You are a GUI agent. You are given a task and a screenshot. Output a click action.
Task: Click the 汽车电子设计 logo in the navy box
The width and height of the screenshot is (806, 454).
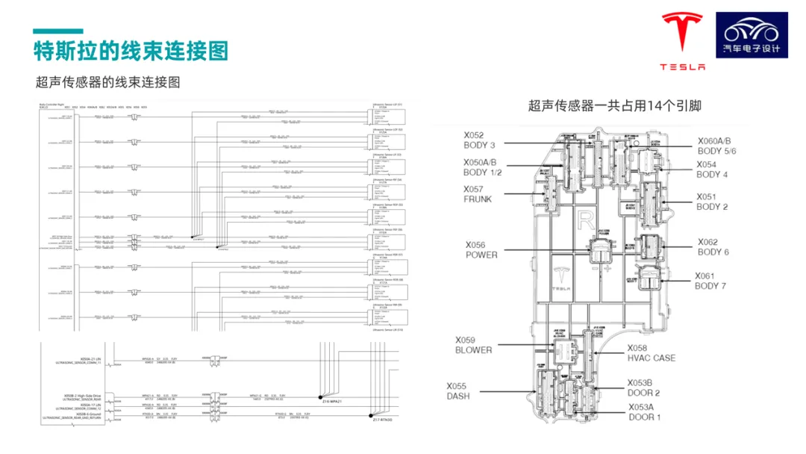[752, 34]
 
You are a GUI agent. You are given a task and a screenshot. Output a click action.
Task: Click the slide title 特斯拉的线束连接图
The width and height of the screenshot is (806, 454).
[131, 51]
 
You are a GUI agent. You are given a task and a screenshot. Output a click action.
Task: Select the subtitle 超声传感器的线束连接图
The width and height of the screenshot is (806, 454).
[108, 82]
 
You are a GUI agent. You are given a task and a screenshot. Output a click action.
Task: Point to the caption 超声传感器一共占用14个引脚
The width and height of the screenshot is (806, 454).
[614, 106]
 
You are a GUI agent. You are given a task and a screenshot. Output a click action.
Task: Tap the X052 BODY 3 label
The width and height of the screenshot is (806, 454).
[479, 140]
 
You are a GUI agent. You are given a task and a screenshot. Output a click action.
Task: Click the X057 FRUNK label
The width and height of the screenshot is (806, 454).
[478, 194]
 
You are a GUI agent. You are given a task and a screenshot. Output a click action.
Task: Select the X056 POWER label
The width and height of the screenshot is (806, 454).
[481, 249]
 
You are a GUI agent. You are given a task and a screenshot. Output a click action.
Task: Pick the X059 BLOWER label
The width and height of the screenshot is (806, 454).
[474, 344]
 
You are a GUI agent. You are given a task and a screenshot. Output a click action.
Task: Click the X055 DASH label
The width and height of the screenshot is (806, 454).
[458, 391]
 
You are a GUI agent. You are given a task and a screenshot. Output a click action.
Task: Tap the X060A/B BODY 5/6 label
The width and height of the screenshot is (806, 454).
[716, 146]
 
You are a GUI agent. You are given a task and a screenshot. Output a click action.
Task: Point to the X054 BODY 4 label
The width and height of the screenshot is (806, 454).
[712, 170]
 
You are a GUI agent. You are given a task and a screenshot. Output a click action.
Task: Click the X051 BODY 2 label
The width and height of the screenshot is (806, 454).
[712, 202]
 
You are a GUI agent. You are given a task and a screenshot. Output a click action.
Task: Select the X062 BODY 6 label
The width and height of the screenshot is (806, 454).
[713, 246]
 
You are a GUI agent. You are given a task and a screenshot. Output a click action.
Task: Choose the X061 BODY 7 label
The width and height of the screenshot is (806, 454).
[710, 281]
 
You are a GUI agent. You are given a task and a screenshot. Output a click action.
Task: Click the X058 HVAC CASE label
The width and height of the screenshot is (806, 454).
[651, 352]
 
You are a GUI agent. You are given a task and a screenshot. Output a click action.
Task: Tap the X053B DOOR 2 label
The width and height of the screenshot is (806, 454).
[643, 388]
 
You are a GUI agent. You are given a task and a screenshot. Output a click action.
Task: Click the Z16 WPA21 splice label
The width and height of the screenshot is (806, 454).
[332, 401]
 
